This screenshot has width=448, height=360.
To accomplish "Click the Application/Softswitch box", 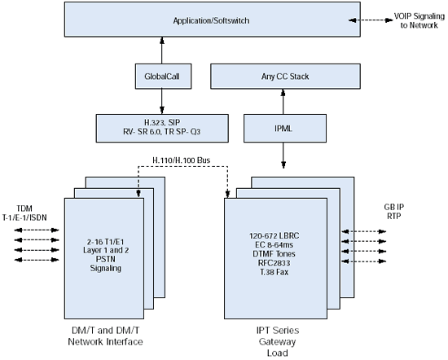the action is coord(213,20).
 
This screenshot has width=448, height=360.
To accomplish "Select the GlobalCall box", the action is coord(163,77).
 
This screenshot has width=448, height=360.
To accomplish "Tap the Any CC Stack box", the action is coord(285,77).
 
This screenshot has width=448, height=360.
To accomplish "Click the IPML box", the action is coord(285,129).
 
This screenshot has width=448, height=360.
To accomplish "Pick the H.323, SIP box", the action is coord(162,129).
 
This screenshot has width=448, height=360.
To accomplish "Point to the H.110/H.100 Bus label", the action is coord(182,160).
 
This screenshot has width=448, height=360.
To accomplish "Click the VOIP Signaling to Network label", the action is coord(419,20).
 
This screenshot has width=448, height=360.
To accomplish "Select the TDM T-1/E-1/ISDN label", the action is coord(24,213).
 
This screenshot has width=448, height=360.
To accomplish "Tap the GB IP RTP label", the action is coord(394,212).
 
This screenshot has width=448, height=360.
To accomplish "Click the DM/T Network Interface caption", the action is coord(105,336).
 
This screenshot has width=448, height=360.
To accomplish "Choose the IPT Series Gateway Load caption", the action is coord(278,342).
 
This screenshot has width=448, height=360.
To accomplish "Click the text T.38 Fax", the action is coord(274,272).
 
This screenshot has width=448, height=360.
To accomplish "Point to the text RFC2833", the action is coord(274,263).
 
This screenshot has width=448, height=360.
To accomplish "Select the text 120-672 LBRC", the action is coord(274,235).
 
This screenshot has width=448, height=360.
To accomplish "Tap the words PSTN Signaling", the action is coord(106,263).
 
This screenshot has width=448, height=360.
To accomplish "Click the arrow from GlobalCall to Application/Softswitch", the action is coord(162,50).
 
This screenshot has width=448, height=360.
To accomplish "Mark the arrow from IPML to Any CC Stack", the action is coord(283,102).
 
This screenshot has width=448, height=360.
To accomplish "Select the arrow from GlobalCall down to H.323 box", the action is coord(162,102).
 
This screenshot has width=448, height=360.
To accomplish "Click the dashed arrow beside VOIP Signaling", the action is coord(371,20).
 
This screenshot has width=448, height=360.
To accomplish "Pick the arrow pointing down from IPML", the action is coord(283,156).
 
